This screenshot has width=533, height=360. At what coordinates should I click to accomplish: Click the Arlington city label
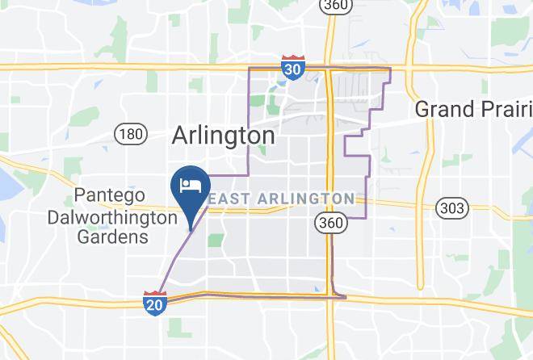pos(223,136)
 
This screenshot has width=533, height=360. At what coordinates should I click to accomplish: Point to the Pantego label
pos(109,195)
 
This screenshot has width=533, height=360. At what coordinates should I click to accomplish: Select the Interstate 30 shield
pos(293,69)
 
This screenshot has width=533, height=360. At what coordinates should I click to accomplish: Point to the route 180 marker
pos(130,133)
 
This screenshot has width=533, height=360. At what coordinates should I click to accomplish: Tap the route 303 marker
pos(451,209)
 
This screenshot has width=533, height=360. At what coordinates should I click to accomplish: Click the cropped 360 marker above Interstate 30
pos(333,5)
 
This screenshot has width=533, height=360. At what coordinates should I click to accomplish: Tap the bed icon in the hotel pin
pos(190,185)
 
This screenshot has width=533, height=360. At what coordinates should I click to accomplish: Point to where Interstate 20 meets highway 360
pos(331,296)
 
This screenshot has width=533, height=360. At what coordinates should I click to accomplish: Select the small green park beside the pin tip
pos(215,240)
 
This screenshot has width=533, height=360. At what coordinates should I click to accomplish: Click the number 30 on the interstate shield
pos(293,70)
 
